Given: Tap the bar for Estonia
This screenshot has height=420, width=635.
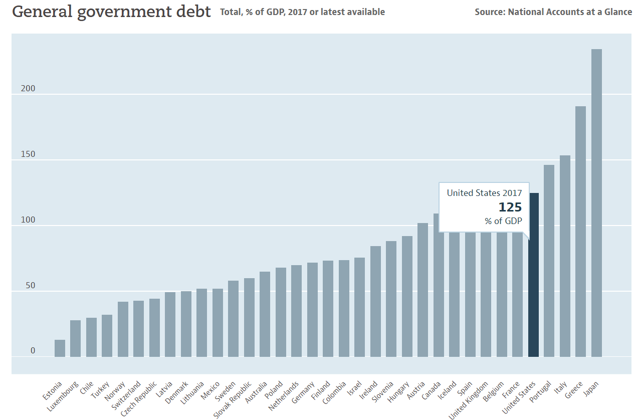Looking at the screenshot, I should [x=60, y=348].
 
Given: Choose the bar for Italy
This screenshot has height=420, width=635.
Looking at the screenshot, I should [x=565, y=256].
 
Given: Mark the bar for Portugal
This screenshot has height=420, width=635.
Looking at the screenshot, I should [x=549, y=261].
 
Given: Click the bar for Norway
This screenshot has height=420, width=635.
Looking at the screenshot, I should [x=123, y=329].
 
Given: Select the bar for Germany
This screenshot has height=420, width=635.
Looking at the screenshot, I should [x=312, y=310].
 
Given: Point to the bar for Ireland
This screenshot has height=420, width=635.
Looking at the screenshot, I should [x=375, y=301].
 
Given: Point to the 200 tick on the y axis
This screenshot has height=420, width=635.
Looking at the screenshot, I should [x=28, y=89].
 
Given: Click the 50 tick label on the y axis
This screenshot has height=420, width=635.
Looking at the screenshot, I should [x=31, y=286].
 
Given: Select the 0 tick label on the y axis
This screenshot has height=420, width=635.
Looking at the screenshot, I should [x=33, y=351].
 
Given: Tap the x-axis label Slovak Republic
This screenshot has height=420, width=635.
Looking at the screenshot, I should [x=233, y=400].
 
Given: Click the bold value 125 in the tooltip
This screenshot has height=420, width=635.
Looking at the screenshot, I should [x=510, y=207].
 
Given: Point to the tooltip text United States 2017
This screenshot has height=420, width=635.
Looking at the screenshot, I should [x=484, y=193].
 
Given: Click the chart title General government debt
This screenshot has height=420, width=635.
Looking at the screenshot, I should [x=111, y=12].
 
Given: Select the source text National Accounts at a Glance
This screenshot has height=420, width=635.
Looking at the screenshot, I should [x=570, y=12].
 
